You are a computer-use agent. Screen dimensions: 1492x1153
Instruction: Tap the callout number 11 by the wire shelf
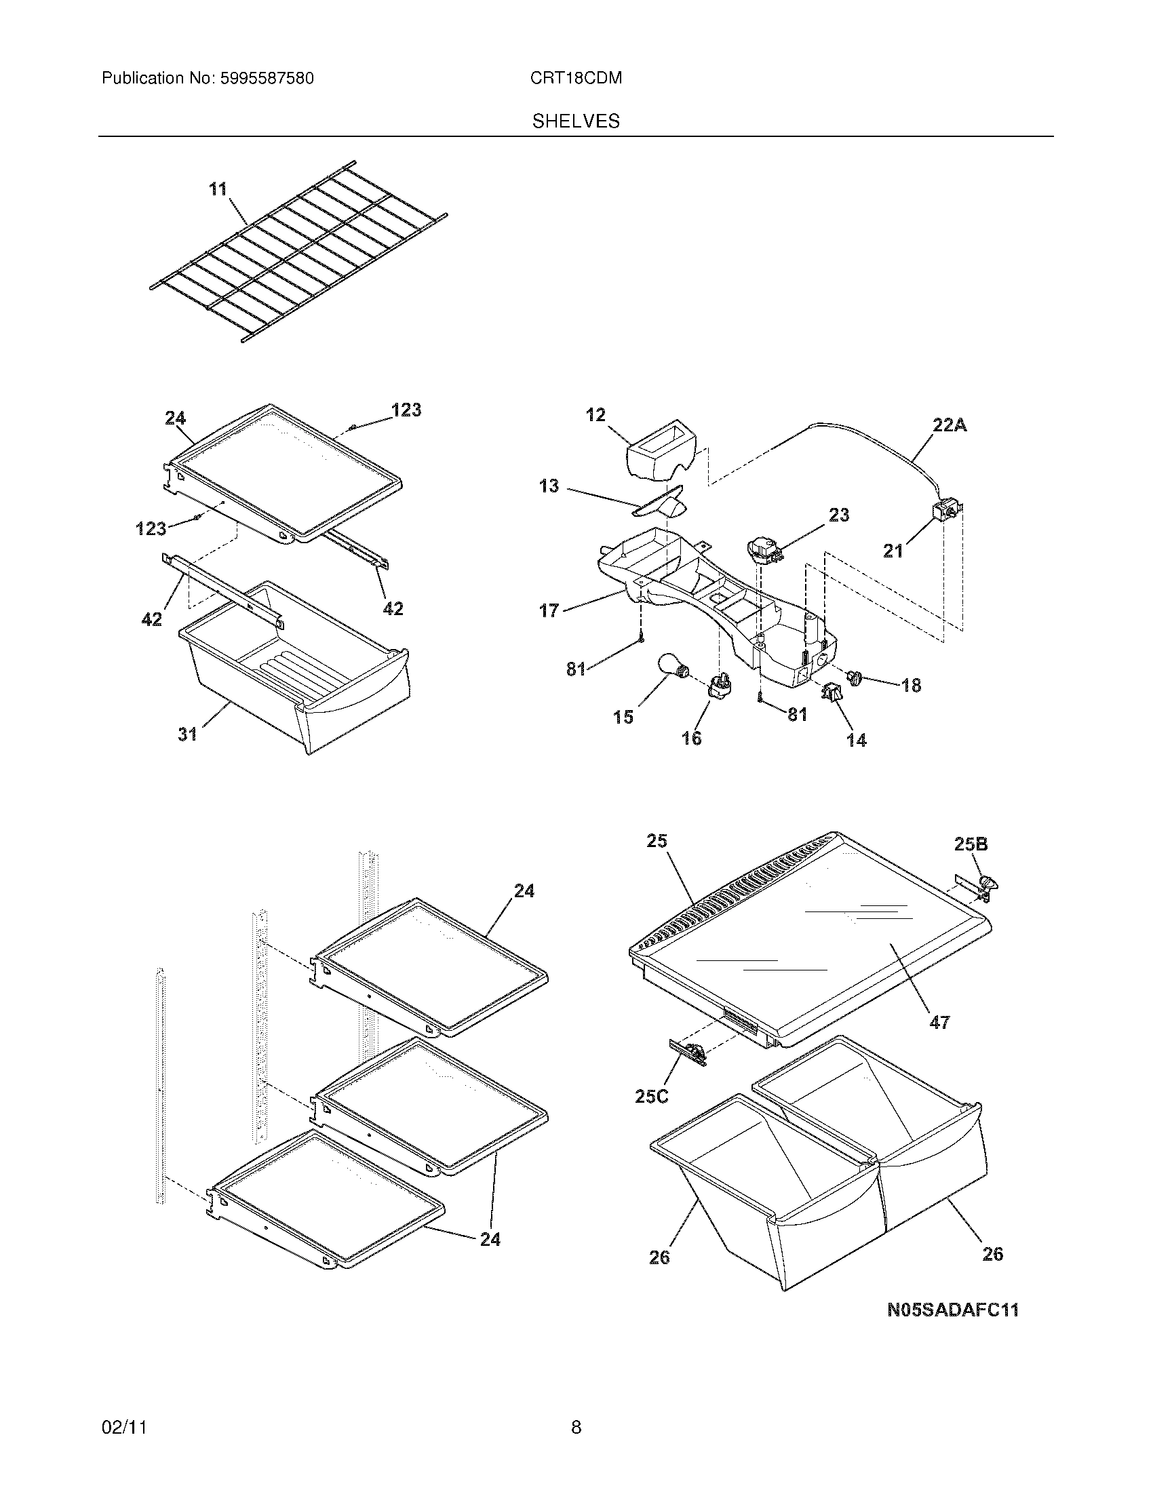218,189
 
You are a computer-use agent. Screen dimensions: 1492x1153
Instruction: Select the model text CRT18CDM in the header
576,79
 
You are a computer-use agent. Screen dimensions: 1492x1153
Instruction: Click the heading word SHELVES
576,121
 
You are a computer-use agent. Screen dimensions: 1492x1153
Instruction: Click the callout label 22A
950,425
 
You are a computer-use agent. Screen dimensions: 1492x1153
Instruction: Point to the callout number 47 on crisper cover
940,1042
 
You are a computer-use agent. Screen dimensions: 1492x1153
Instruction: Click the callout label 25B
971,844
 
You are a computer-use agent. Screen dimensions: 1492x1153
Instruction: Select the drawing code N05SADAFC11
952,1310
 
